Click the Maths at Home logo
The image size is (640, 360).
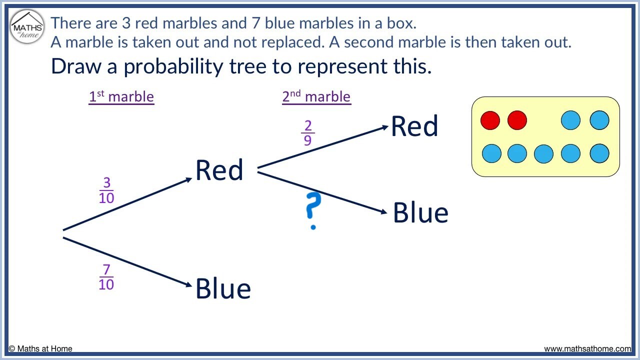pyautogui.click(x=27, y=27)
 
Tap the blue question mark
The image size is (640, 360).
pyautogui.click(x=313, y=211)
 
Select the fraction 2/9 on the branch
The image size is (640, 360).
pyautogui.click(x=307, y=133)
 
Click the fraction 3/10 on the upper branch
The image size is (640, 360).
pyautogui.click(x=106, y=190)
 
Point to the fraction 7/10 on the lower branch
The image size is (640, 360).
pyautogui.click(x=106, y=277)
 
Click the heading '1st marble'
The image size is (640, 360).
pyautogui.click(x=121, y=97)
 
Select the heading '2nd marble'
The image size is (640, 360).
pyautogui.click(x=316, y=97)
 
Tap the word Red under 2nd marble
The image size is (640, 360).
pyautogui.click(x=414, y=126)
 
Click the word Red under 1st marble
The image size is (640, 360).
pyautogui.click(x=219, y=170)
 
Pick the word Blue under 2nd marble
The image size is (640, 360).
pyautogui.click(x=420, y=212)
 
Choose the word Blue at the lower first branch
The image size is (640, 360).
pyautogui.click(x=223, y=288)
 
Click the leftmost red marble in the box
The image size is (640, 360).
pyautogui.click(x=490, y=120)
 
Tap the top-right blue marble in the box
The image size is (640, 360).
pyautogui.click(x=599, y=120)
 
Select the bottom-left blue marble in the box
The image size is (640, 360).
pyautogui.click(x=491, y=153)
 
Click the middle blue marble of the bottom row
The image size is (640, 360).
pyautogui.click(x=543, y=153)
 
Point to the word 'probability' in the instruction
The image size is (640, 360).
pyautogui.click(x=173, y=66)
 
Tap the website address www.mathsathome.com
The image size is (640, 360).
pyautogui.click(x=587, y=349)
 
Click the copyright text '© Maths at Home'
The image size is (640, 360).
pyautogui.click(x=40, y=349)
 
